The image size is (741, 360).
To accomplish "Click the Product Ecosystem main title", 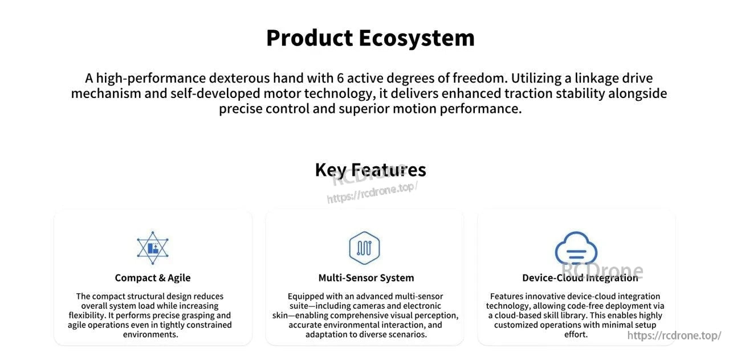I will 370,38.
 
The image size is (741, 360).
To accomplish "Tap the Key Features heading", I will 370,170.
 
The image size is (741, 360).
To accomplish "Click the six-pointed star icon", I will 153,248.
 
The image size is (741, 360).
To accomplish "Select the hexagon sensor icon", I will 364,248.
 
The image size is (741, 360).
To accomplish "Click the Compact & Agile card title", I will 153,278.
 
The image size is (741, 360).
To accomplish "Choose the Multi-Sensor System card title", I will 366,278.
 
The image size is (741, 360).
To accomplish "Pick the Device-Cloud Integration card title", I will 580,278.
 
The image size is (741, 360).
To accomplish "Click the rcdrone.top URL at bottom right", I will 674,336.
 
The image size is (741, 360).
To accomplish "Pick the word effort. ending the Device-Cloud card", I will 576,334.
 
